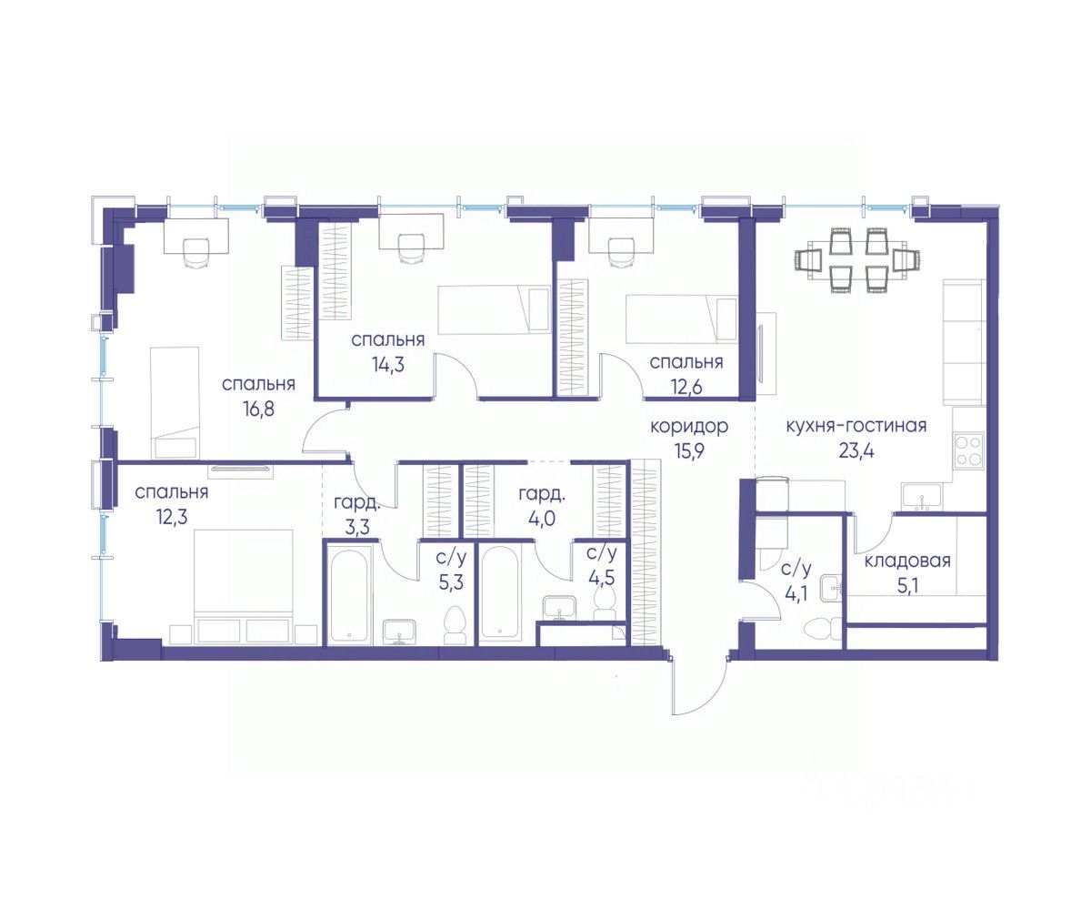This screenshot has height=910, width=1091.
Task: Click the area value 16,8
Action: [258, 409]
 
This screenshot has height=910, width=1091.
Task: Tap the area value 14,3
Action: [387, 364]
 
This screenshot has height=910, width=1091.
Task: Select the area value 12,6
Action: [686, 387]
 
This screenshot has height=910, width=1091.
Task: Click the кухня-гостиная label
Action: [856, 426]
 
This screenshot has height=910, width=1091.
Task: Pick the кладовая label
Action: [907, 561]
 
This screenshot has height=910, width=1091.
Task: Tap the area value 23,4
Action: [856, 450]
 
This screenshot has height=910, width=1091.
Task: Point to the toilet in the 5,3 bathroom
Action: [454, 625]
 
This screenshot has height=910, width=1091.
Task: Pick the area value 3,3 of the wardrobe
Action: [357, 527]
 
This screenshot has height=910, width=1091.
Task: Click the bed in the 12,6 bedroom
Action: [681, 319]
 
